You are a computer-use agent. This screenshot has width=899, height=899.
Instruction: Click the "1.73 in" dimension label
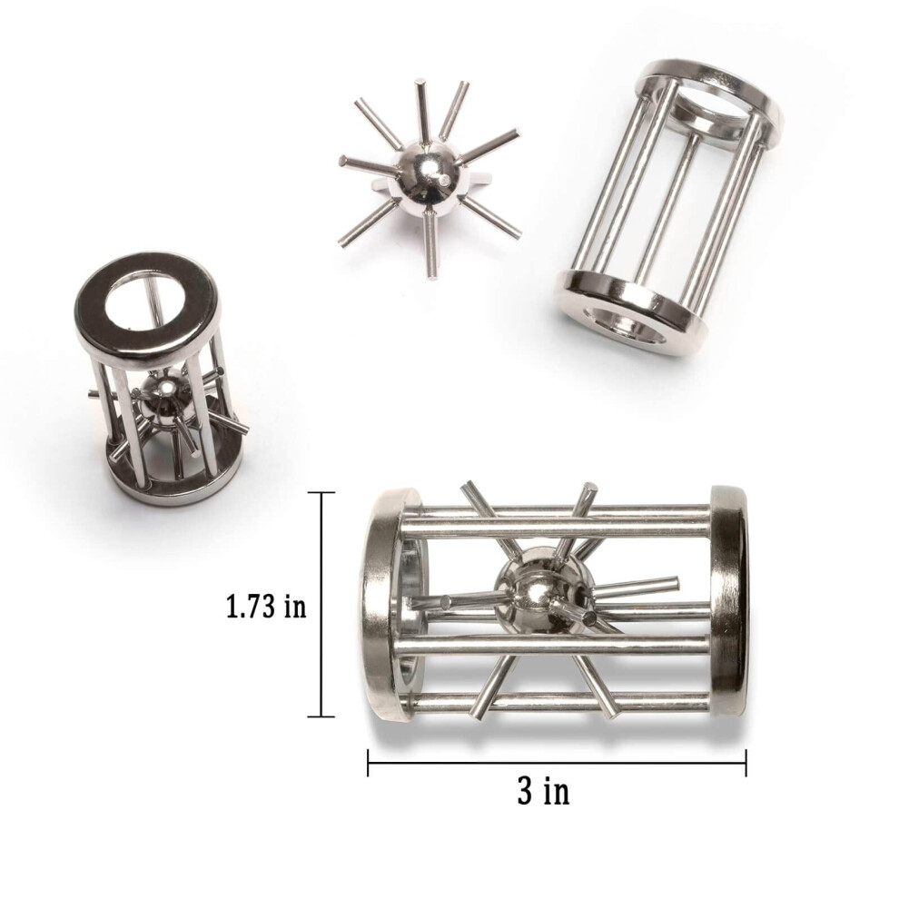266,606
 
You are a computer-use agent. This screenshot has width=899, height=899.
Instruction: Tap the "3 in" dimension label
543,792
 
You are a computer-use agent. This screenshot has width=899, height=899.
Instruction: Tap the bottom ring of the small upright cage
175,481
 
